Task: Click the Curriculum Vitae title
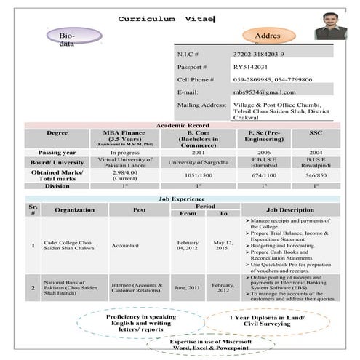[166, 17]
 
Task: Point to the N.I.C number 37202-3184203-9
[258, 55]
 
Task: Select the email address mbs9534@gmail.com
[264, 92]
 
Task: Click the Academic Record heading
[183, 126]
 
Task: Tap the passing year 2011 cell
[198, 152]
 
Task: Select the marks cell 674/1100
[264, 175]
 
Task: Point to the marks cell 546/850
[316, 175]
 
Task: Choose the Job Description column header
[291, 209]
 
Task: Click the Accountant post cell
[125, 246]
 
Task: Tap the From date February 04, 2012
[187, 245]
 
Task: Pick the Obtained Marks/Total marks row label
[57, 175]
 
